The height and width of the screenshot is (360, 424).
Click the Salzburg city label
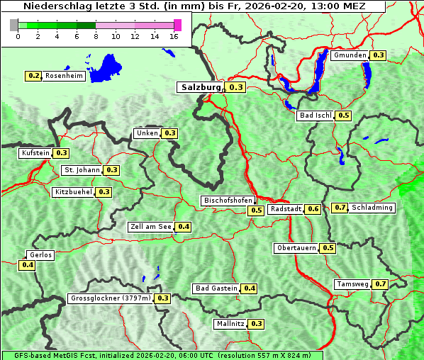coord(201,87)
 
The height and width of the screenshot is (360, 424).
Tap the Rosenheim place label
coord(63,76)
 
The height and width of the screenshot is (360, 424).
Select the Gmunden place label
coord(350,55)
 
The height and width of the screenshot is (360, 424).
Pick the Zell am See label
coord(151,227)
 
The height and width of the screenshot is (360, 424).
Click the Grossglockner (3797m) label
coord(111,298)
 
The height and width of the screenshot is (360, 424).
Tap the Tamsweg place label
coord(352,284)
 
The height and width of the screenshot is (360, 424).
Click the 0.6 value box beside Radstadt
coord(313,209)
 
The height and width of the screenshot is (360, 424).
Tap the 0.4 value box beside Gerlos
coord(28,265)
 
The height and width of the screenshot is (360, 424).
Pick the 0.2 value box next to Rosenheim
coord(33,76)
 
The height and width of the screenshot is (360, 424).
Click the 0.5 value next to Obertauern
coord(328,248)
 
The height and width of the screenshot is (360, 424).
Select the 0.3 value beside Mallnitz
coord(256,324)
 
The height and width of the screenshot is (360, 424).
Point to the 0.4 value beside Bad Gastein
coord(249,288)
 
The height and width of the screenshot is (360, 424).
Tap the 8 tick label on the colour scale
coord(96,36)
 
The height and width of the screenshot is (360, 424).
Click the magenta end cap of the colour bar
coord(177,25)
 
